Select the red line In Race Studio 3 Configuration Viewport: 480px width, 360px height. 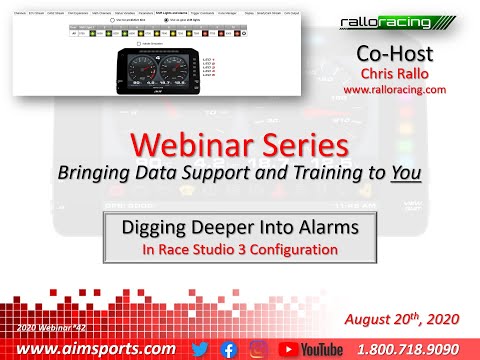240,248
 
